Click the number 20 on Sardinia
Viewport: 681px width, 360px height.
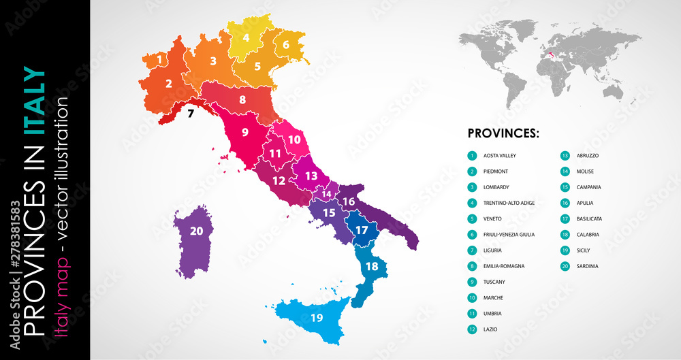click(196, 231)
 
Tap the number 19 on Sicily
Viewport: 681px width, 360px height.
click(317, 318)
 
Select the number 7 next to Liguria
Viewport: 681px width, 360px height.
click(191, 113)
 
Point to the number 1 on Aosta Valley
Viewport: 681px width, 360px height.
click(159, 60)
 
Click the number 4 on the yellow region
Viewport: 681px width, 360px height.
click(246, 38)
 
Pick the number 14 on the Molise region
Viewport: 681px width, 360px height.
click(327, 195)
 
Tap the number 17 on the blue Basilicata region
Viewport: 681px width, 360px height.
click(361, 230)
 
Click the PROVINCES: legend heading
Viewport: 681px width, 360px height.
click(503, 133)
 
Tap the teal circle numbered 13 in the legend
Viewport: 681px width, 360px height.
click(565, 156)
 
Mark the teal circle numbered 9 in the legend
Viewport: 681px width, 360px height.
click(472, 282)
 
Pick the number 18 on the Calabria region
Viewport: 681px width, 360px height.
click(372, 266)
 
